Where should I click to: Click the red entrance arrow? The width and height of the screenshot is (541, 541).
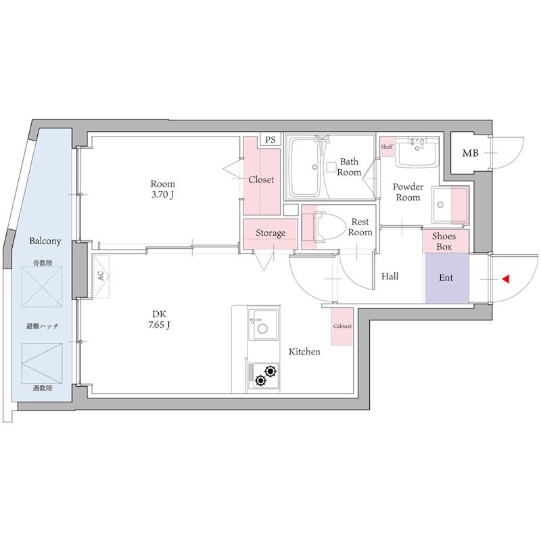[505, 279]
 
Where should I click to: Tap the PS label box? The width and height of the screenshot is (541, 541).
[270, 140]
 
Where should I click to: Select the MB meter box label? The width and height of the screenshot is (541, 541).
[470, 153]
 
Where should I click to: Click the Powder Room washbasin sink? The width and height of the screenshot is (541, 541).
[417, 151]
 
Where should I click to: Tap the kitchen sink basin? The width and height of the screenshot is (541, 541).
[263, 325]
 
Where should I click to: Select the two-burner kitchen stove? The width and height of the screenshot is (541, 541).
[264, 376]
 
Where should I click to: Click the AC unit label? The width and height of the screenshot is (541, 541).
[100, 276]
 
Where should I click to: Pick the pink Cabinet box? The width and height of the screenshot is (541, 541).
[342, 327]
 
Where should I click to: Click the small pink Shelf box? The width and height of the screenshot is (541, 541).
[387, 147]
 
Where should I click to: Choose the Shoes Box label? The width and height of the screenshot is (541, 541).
[444, 241]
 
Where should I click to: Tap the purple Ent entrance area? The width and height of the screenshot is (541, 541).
[447, 278]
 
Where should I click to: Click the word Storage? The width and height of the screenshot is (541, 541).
[270, 233]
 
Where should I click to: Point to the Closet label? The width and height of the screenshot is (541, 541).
[261, 179]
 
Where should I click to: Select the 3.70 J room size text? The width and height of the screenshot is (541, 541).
[162, 195]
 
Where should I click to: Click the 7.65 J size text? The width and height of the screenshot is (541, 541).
[159, 325]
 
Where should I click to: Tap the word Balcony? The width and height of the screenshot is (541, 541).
[45, 241]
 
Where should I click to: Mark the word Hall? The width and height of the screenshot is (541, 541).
[390, 276]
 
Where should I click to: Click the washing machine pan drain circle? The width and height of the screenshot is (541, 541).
[440, 205]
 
